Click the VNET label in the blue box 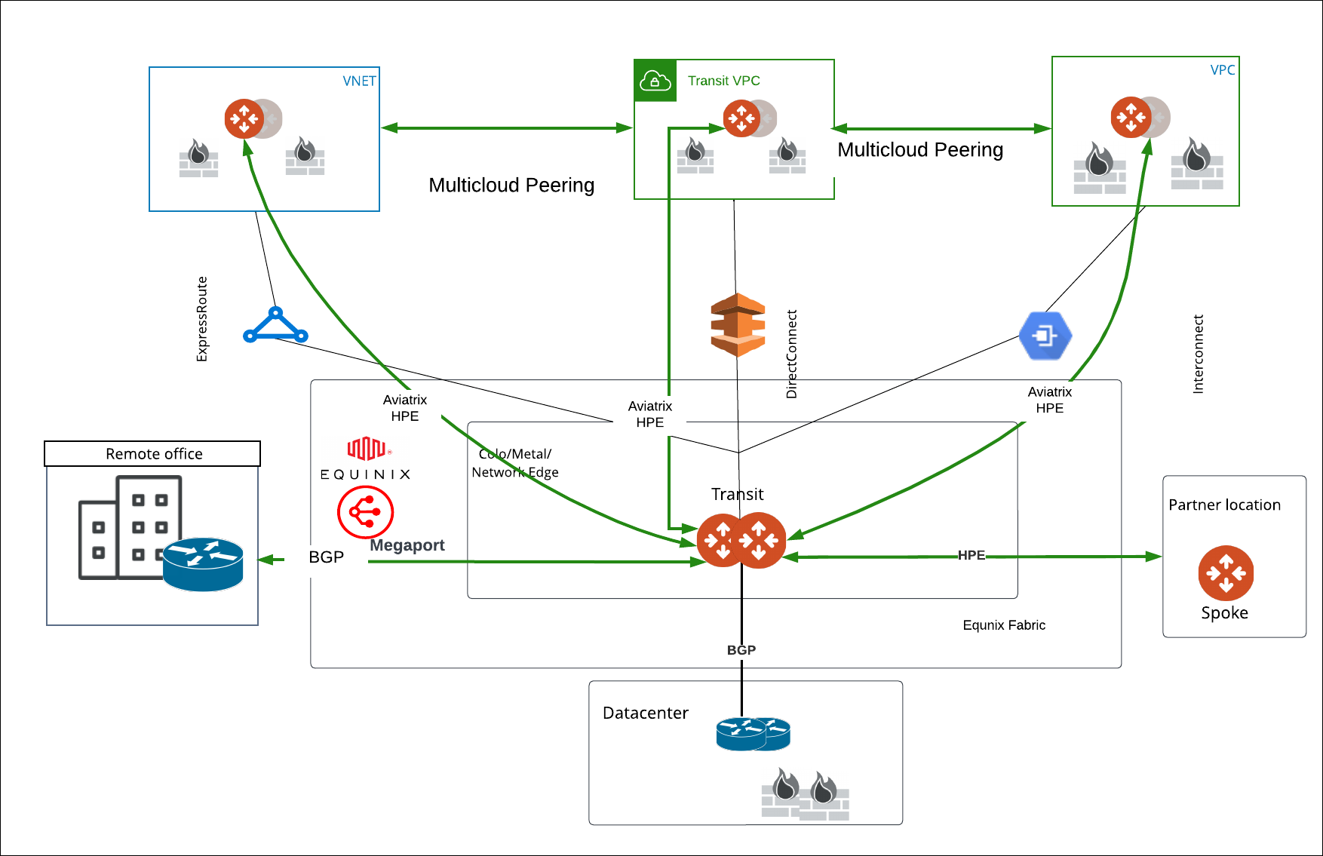359,81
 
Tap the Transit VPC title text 723,81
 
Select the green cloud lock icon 655,81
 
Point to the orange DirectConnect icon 738,325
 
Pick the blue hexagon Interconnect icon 1045,335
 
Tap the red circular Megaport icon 365,512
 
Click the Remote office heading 153,454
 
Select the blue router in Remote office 203,563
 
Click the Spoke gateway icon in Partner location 1226,572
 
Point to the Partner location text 1224,505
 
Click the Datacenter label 645,713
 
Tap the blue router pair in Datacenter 753,734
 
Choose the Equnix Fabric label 1003,625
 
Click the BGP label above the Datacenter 741,650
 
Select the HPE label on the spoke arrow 971,555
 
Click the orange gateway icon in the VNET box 244,119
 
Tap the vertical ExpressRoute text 201,319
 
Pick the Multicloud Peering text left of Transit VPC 511,185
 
